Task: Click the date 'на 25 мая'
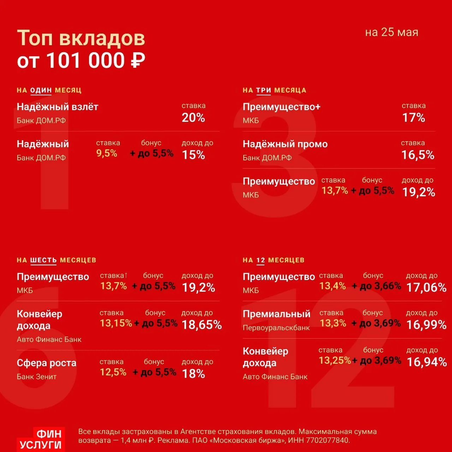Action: (392, 32)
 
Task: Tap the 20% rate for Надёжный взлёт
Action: (193, 118)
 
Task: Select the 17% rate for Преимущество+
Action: (414, 118)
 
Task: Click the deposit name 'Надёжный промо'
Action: (285, 144)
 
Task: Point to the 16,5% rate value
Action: (418, 155)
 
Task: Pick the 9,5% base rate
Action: (107, 153)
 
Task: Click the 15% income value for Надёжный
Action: (193, 155)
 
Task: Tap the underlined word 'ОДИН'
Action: (41, 90)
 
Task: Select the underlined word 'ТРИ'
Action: (264, 90)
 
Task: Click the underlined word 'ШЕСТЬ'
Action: (43, 260)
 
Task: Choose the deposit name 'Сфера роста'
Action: (47, 363)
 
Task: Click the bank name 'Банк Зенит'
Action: (37, 377)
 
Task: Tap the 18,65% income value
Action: (202, 325)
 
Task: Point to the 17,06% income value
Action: (427, 287)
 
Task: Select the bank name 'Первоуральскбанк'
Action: (276, 328)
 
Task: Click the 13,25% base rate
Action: (335, 361)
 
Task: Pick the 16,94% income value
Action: (427, 362)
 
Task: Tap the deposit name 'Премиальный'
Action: (276, 314)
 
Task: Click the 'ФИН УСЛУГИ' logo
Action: (41, 439)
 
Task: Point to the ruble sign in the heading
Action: (138, 60)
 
